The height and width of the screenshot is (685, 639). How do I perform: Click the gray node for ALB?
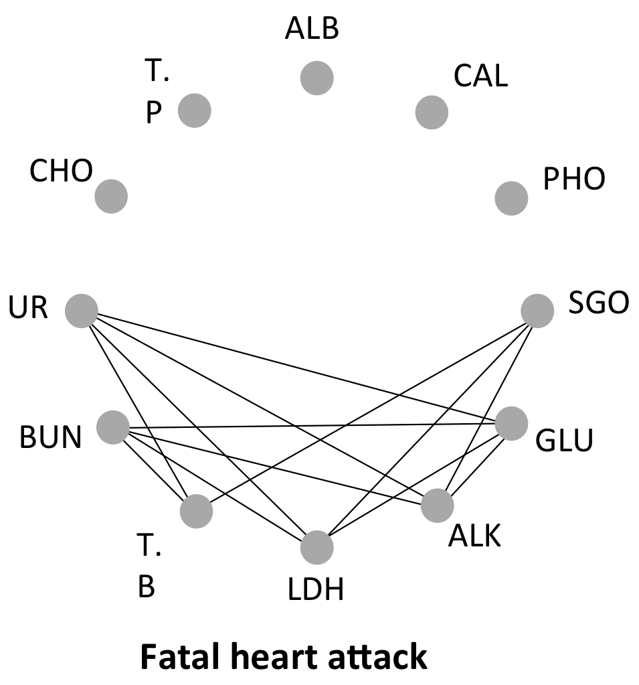pyautogui.click(x=317, y=78)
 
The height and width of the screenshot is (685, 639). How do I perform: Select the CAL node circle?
pyautogui.click(x=432, y=111)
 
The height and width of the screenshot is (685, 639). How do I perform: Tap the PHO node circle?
pyautogui.click(x=511, y=198)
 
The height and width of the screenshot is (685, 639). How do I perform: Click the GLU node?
pyautogui.click(x=511, y=423)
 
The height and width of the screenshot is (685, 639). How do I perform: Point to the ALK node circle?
pyautogui.click(x=437, y=506)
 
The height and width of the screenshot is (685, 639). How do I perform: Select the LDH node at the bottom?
pyautogui.click(x=317, y=548)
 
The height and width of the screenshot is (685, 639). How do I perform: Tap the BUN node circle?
pyautogui.click(x=113, y=427)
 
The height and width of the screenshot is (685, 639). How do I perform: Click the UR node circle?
pyautogui.click(x=82, y=311)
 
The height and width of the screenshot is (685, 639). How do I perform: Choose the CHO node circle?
pyautogui.click(x=111, y=196)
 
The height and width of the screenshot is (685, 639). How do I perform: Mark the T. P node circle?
pyautogui.click(x=195, y=110)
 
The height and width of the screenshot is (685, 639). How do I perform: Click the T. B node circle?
pyautogui.click(x=197, y=512)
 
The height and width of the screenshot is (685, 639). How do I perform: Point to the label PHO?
pyautogui.click(x=573, y=179)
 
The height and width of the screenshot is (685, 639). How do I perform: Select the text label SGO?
pyautogui.click(x=599, y=303)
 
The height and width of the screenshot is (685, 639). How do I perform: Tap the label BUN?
pyautogui.click(x=51, y=439)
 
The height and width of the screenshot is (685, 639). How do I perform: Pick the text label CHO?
pyautogui.click(x=61, y=172)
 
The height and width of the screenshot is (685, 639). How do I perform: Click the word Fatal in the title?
pyautogui.click(x=175, y=657)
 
